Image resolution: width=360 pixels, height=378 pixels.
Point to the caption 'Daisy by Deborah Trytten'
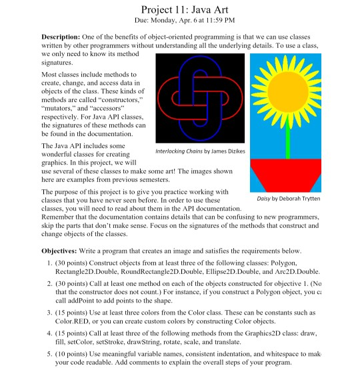point(288,199)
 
